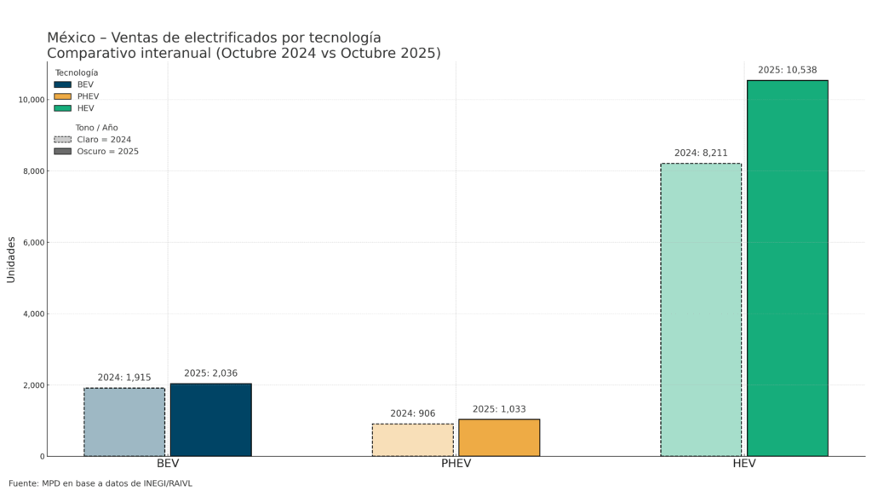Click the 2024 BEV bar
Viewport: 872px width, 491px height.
click(x=124, y=422)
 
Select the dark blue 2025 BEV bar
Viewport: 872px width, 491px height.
click(x=210, y=419)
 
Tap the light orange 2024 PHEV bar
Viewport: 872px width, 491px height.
click(x=412, y=440)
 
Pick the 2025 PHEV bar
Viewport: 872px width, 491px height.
click(x=499, y=437)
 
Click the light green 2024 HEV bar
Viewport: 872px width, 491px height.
click(x=700, y=309)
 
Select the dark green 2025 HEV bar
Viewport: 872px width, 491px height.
click(x=787, y=268)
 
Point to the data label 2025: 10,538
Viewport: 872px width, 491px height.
click(x=787, y=70)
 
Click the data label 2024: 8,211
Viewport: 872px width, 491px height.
click(x=700, y=153)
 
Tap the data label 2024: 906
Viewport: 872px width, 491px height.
click(x=412, y=413)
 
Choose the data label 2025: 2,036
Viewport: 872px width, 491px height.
click(x=210, y=373)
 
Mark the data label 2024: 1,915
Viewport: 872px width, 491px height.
click(x=124, y=378)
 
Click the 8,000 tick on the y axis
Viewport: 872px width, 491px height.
click(x=33, y=171)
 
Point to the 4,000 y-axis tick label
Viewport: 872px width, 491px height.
click(x=33, y=314)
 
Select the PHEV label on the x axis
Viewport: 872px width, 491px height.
click(x=456, y=464)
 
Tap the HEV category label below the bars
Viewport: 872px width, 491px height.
click(x=743, y=464)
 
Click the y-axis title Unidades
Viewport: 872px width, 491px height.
click(x=11, y=259)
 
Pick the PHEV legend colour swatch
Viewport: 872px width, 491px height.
click(x=62, y=96)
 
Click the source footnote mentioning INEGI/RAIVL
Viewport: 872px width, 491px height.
click(x=100, y=483)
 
